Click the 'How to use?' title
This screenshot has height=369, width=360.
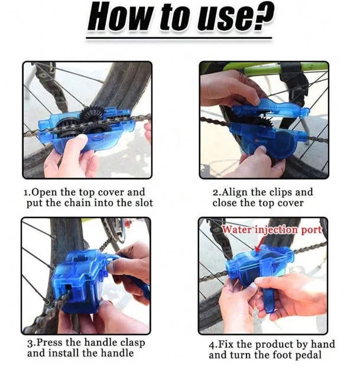180,18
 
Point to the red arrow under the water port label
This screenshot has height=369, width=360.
261,242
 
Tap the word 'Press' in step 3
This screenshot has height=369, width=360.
48,343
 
